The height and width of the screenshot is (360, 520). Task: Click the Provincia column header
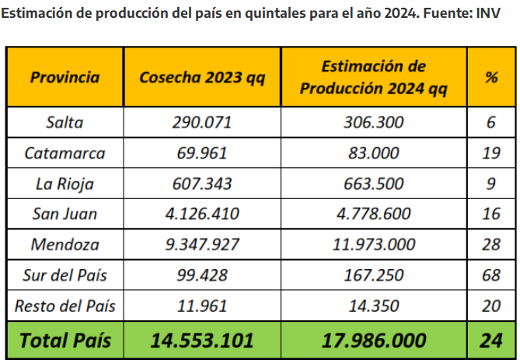[65, 78]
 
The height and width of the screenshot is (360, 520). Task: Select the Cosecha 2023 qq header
[202, 78]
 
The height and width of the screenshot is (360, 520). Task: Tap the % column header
[490, 78]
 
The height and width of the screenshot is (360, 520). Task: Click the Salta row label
[65, 122]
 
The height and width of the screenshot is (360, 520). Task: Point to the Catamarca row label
[65, 152]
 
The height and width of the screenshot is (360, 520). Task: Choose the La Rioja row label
[65, 183]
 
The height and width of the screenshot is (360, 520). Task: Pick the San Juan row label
[65, 214]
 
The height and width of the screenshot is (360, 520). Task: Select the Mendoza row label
[65, 244]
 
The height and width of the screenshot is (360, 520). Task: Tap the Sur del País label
[65, 275]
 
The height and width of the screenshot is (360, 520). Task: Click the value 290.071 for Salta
[202, 122]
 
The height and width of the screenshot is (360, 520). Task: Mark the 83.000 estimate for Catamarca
[373, 152]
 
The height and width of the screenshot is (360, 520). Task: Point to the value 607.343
[202, 183]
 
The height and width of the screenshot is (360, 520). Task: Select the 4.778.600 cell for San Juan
[373, 214]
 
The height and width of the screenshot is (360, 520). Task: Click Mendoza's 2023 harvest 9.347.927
[202, 244]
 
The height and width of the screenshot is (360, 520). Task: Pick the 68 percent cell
[490, 275]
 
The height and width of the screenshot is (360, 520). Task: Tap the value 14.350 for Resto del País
[373, 306]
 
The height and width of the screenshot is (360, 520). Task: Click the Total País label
[65, 340]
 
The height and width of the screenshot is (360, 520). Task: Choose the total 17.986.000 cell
[373, 340]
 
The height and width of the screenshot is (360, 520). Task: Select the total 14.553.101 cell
[202, 340]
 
